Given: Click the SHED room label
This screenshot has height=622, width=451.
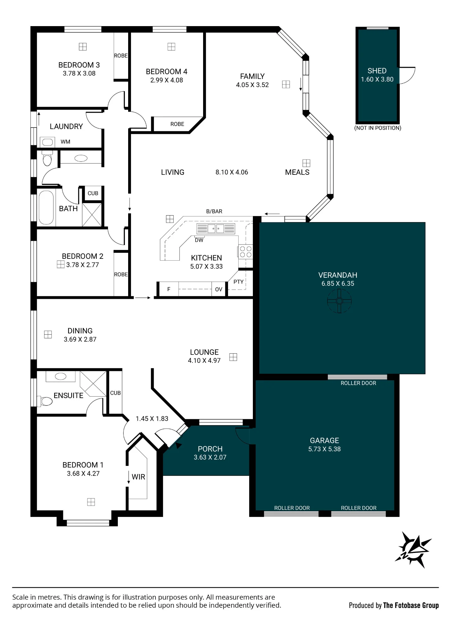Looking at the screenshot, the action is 377,71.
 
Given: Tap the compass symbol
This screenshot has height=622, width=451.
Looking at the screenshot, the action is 413,550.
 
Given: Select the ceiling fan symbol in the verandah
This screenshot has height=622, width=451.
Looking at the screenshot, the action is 339,301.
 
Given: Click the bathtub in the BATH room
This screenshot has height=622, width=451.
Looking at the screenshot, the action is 46,207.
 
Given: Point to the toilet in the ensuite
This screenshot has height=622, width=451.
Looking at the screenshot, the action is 45,401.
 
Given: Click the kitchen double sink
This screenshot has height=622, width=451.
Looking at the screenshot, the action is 216,229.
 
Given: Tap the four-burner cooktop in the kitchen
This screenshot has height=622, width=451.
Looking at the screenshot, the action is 245,252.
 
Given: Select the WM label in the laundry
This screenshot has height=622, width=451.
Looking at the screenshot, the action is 65,142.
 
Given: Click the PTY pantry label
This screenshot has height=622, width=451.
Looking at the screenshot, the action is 239,282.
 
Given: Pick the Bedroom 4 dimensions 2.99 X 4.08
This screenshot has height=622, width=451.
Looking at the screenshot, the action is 167,80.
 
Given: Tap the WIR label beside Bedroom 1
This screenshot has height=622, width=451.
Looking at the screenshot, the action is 138,477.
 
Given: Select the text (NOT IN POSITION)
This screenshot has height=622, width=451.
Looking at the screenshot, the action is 378,128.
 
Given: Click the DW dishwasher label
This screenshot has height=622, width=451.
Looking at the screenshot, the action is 199,240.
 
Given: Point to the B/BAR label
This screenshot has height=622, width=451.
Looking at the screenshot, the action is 214,211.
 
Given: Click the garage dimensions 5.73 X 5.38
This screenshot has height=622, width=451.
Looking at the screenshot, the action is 324,449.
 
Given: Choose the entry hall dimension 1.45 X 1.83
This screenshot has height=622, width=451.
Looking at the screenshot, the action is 152,419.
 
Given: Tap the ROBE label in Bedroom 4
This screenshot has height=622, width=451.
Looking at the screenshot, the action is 177,124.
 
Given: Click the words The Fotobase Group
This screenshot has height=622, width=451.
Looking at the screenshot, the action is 411,605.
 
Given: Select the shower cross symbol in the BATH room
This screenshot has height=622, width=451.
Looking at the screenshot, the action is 92,215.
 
